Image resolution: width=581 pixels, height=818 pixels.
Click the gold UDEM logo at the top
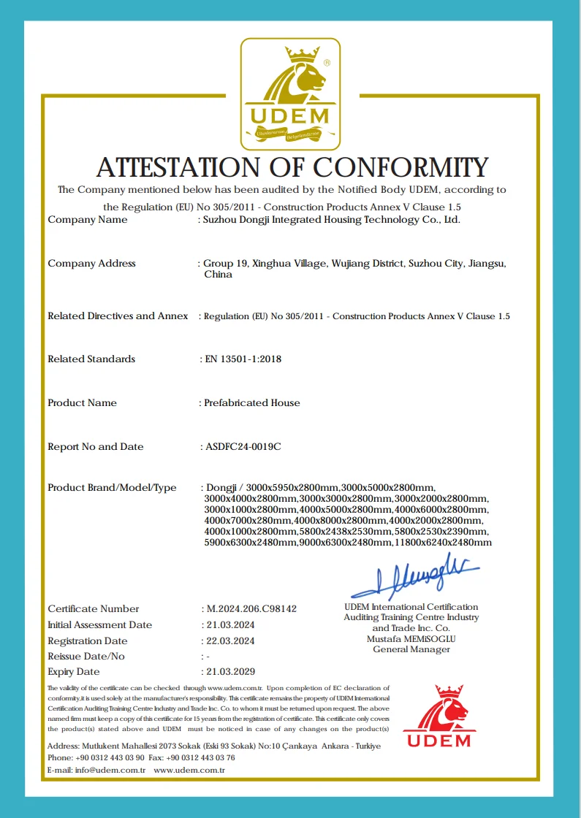(290, 92)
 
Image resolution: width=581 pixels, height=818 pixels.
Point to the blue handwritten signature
(414, 576)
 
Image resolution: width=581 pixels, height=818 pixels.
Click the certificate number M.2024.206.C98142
(251, 608)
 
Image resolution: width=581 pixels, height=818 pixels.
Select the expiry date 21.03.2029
(230, 671)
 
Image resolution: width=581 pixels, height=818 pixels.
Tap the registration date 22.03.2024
(230, 641)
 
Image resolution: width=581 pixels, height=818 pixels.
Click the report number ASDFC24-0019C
(242, 446)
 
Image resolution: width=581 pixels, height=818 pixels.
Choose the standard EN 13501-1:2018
(243, 359)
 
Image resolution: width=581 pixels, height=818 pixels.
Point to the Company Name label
(88, 219)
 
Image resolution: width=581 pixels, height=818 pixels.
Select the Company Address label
(91, 263)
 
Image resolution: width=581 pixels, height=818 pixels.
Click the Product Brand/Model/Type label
(112, 487)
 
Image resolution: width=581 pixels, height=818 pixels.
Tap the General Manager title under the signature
(411, 649)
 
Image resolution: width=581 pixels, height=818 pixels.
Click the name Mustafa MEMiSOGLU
(411, 638)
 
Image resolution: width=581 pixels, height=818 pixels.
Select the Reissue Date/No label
(86, 656)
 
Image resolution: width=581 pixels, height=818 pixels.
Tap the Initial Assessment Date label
(100, 624)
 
